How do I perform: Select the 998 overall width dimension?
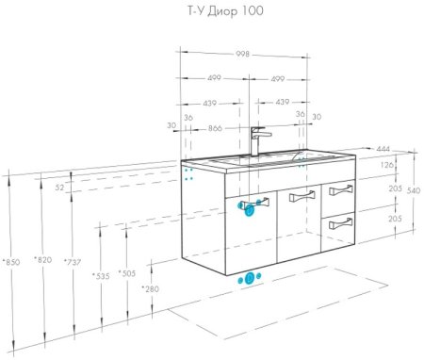click(243, 54)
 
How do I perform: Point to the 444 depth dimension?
click(383, 149)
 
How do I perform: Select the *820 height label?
click(41, 259)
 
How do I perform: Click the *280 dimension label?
click(150, 288)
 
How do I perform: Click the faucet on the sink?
click(259, 141)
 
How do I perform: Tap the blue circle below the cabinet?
click(250, 279)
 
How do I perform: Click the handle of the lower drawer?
click(341, 224)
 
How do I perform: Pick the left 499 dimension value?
click(214, 79)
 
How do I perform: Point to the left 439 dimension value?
click(206, 103)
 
